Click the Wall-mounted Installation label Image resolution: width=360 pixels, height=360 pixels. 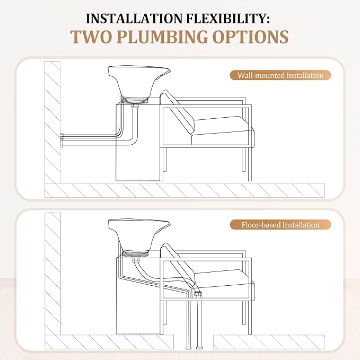[280, 75]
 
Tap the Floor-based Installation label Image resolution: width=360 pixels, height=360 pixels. [280, 225]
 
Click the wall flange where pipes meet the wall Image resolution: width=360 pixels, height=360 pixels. [62, 140]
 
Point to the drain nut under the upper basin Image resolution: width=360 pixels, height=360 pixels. [135, 106]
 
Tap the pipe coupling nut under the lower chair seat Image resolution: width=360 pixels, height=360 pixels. [197, 294]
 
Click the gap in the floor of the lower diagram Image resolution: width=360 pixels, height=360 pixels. [194, 342]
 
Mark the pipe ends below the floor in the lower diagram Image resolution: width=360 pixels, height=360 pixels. [194, 348]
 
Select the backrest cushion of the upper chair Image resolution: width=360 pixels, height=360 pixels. [177, 112]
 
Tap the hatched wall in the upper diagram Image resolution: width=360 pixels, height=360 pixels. [52, 122]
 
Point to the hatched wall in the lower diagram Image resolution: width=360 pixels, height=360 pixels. [52, 274]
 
